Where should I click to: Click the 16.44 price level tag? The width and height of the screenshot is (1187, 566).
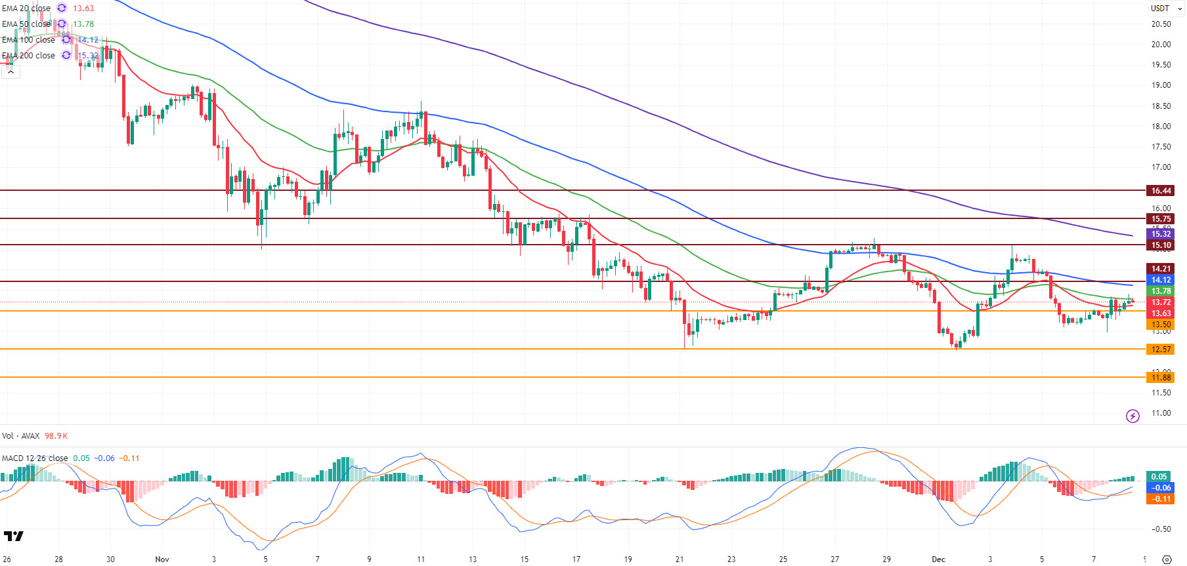pyautogui.click(x=1161, y=191)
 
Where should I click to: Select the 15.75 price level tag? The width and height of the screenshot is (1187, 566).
pyautogui.click(x=1161, y=219)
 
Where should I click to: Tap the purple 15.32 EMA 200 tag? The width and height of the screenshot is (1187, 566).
pyautogui.click(x=1161, y=234)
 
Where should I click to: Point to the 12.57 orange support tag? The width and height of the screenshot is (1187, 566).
pyautogui.click(x=1161, y=350)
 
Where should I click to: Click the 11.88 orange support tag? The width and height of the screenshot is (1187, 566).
pyautogui.click(x=1161, y=378)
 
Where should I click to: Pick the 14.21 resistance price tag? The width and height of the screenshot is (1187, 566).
pyautogui.click(x=1161, y=269)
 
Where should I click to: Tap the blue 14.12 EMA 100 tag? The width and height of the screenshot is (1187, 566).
pyautogui.click(x=1161, y=280)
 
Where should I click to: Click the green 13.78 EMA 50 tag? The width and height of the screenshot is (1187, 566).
pyautogui.click(x=1161, y=291)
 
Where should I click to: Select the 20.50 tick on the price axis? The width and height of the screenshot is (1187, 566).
pyautogui.click(x=1161, y=24)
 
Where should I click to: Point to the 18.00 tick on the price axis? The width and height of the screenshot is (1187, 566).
pyautogui.click(x=1161, y=127)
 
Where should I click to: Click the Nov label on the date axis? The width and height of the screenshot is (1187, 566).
pyautogui.click(x=162, y=559)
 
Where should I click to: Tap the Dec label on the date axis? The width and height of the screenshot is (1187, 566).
pyautogui.click(x=938, y=559)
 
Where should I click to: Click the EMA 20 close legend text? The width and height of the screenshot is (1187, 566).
pyautogui.click(x=26, y=9)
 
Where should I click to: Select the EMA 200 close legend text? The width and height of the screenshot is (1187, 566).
pyautogui.click(x=28, y=56)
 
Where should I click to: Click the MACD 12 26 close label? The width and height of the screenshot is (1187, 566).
pyautogui.click(x=34, y=458)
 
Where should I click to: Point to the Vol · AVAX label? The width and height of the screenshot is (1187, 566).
pyautogui.click(x=21, y=436)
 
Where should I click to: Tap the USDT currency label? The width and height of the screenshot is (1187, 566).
pyautogui.click(x=1160, y=9)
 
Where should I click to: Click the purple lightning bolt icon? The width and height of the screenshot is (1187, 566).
pyautogui.click(x=1133, y=416)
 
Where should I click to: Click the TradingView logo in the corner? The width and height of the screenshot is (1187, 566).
pyautogui.click(x=13, y=536)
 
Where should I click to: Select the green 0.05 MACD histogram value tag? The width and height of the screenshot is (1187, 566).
pyautogui.click(x=1159, y=477)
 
